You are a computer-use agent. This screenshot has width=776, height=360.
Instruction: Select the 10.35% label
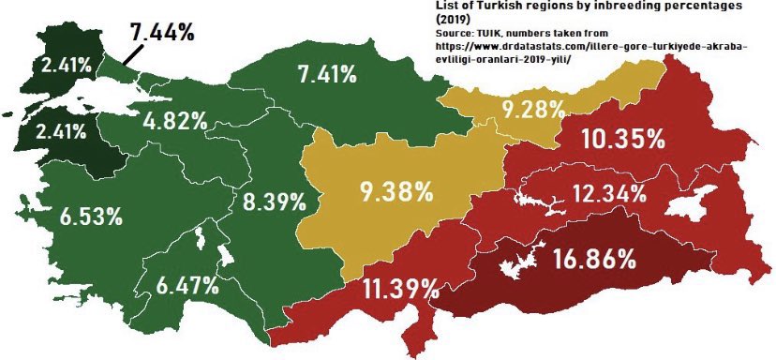click(622, 140)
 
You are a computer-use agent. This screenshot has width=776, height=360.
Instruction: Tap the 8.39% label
click(274, 201)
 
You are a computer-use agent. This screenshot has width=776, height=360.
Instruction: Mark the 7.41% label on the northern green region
click(325, 75)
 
